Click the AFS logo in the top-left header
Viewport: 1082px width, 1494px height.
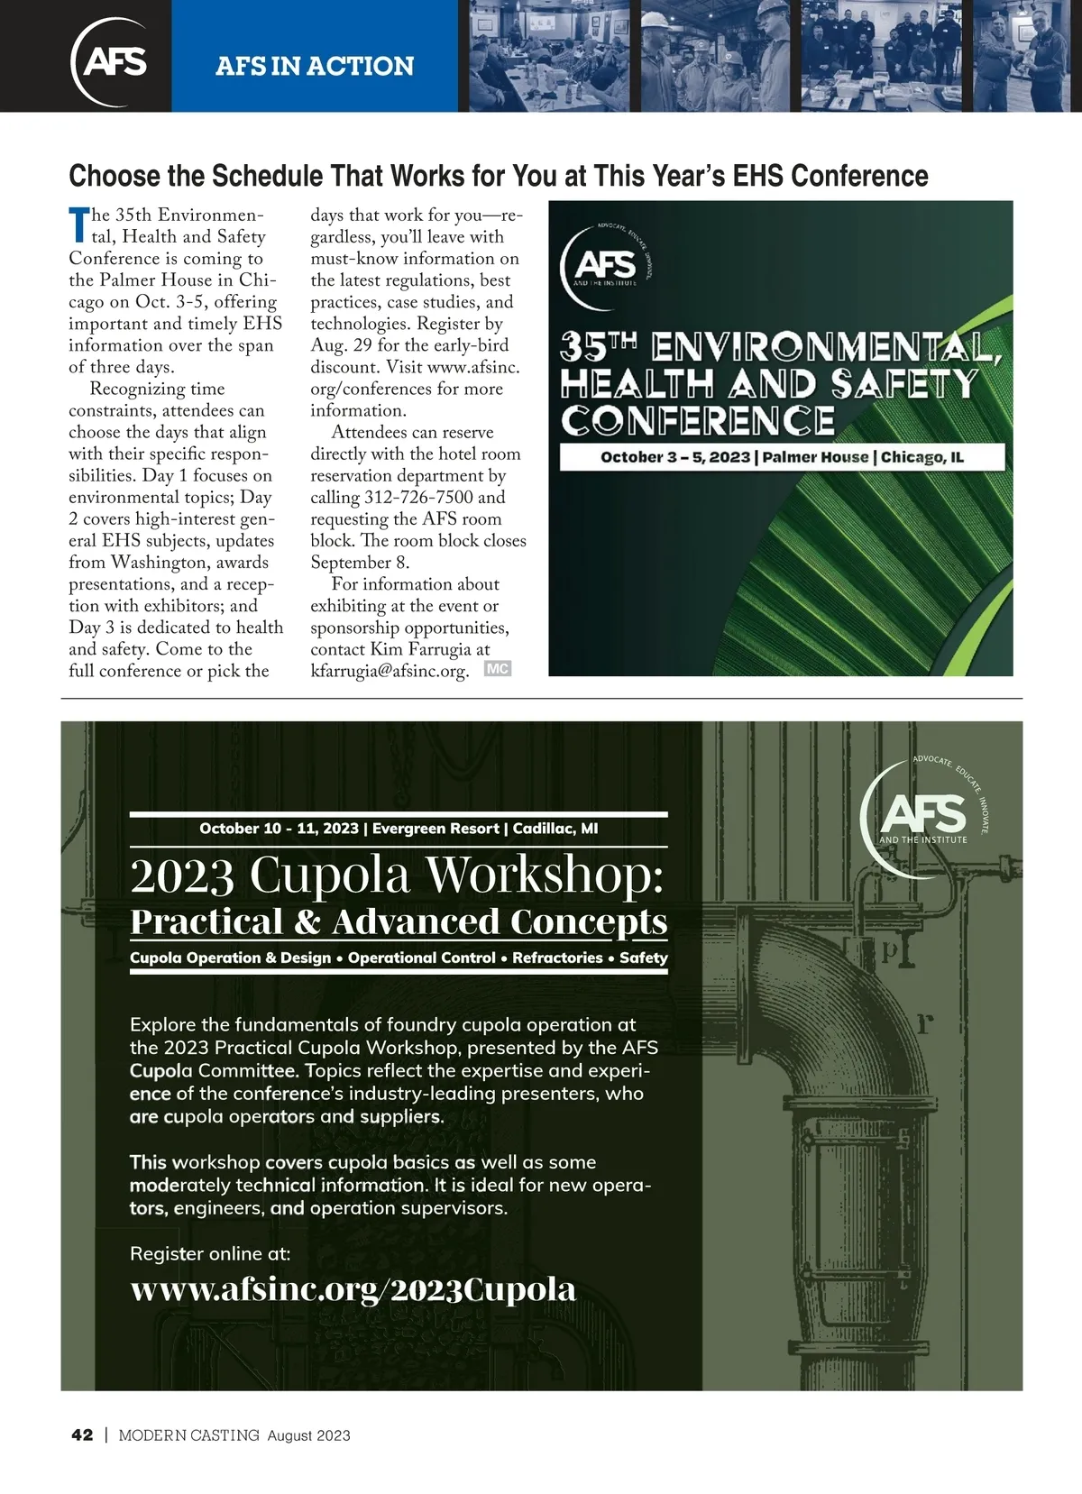112,60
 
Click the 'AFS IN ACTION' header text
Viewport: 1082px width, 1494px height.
315,66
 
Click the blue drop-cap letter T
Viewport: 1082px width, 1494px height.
79,225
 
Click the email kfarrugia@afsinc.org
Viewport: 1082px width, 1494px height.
390,672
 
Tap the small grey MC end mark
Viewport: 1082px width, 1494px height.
498,669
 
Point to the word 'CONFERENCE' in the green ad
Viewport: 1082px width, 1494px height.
697,421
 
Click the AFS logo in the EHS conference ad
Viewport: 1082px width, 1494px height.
605,262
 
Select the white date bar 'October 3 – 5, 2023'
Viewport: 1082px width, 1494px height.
782,457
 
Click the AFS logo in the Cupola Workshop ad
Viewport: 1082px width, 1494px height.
922,814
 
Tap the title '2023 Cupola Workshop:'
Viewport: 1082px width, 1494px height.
397,875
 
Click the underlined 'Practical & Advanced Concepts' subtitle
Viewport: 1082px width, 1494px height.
399,922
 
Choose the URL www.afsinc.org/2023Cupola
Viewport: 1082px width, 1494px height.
353,1289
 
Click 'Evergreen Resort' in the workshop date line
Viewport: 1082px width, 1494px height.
436,829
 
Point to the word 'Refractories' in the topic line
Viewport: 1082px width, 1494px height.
557,958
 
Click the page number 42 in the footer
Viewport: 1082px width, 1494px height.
82,1435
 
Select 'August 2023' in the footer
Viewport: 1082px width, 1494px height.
308,1435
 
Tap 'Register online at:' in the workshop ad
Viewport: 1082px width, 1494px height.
210,1253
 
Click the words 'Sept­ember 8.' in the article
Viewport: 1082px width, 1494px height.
360,563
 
